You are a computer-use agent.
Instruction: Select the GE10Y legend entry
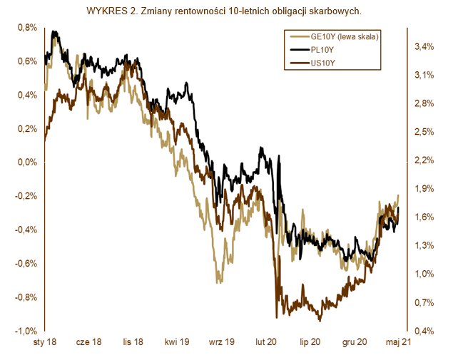tap(335, 36)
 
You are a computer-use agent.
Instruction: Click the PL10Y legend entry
tap(312, 50)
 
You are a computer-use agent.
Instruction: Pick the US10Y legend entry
tap(312, 63)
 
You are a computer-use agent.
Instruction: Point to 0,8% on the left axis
tap(27, 28)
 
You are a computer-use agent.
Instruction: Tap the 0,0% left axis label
tap(27, 162)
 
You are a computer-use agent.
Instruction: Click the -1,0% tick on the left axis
tap(26, 331)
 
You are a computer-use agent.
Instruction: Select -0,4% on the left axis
tap(26, 230)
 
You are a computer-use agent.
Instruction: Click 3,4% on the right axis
tap(424, 46)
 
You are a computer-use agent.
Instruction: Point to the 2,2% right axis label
tap(424, 160)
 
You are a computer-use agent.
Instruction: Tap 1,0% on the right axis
tap(424, 274)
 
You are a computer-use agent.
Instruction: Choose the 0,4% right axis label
tap(424, 331)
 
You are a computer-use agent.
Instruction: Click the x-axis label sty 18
tap(45, 342)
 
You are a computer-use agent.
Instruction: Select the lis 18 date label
tap(133, 342)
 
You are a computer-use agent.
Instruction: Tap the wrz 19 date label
tap(222, 342)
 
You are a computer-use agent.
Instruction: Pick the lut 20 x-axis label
tap(266, 342)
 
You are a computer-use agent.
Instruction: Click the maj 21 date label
tap(398, 342)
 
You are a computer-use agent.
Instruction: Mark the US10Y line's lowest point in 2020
tap(320, 322)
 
